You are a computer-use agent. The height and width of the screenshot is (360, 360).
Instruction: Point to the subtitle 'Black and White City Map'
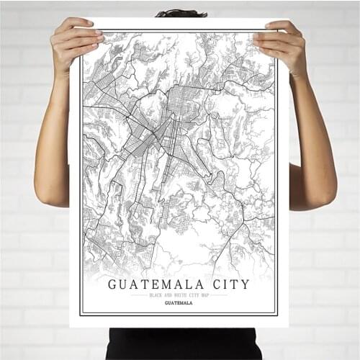point(179,295)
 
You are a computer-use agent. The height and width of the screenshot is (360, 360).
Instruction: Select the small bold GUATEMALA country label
point(179,303)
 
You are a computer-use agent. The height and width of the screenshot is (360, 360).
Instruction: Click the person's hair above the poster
point(180,13)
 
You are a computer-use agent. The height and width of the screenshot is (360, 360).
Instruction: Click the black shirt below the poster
point(180,343)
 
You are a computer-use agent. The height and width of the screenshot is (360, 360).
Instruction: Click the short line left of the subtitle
point(138,295)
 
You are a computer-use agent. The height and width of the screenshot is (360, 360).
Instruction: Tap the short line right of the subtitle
point(219,295)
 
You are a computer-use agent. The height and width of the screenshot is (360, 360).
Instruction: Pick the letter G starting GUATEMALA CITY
point(113,284)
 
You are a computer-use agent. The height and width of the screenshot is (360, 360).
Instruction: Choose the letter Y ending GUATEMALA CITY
point(246,284)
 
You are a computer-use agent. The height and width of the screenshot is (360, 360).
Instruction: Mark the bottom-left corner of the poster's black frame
point(81,315)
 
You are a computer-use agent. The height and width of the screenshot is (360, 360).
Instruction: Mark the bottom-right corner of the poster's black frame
point(277,315)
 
